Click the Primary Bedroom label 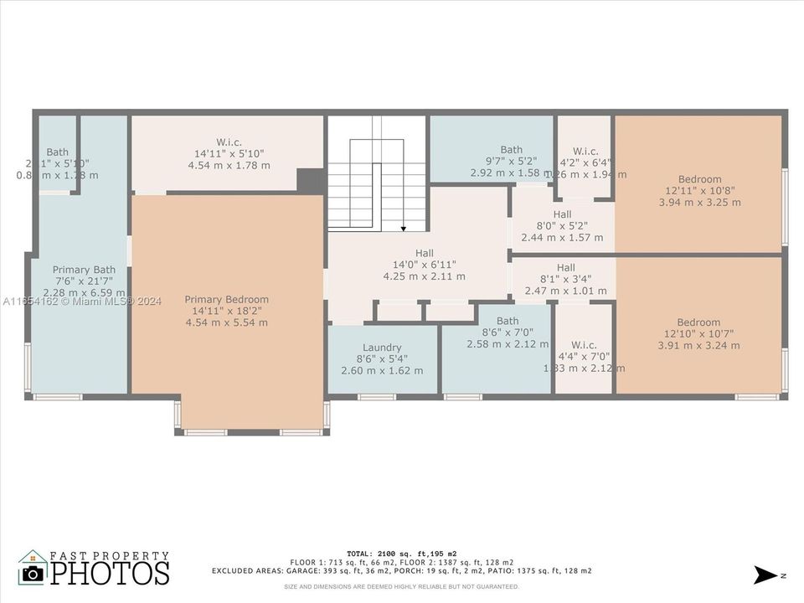[226, 300]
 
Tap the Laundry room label [382, 348]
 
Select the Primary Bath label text [84, 270]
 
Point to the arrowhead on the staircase [403, 227]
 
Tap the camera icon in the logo [33, 573]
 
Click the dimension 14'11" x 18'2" [226, 312]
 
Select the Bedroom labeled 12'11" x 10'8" [699, 179]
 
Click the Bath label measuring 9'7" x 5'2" [511, 150]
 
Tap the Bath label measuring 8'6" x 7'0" [508, 321]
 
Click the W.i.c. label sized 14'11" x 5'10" [229, 142]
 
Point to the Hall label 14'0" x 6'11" [425, 253]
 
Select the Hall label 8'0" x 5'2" [562, 214]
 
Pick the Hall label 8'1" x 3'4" [565, 267]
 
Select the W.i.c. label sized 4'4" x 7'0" [584, 345]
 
